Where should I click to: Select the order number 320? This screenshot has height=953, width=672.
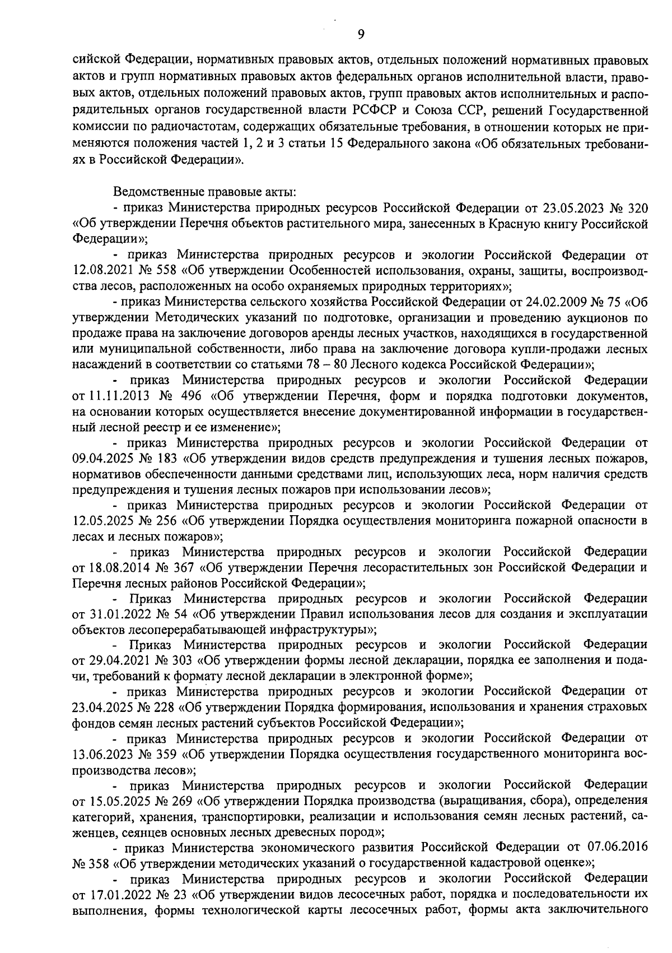click(637, 209)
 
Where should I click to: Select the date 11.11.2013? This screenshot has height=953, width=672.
click(115, 396)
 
